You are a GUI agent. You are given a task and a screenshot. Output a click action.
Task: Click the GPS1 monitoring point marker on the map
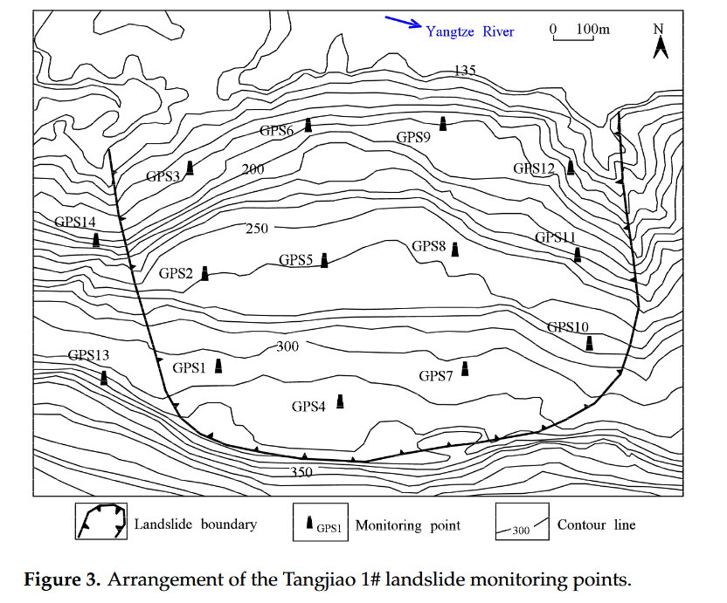click(x=218, y=366)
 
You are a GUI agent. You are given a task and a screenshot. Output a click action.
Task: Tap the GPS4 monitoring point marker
click(x=340, y=401)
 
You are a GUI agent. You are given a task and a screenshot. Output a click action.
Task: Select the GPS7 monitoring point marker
click(x=465, y=369)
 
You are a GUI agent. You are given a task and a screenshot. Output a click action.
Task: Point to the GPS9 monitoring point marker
click(x=443, y=124)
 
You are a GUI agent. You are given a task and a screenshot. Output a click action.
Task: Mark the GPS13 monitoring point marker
click(x=104, y=378)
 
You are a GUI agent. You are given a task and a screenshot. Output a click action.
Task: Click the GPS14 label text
click(x=75, y=223)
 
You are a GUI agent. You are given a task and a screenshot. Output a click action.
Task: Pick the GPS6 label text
click(x=276, y=131)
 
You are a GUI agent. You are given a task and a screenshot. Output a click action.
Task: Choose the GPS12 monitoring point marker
click(x=571, y=167)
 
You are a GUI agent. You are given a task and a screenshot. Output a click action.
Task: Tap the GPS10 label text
click(x=568, y=327)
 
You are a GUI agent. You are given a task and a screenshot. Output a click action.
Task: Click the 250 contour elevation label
click(x=257, y=229)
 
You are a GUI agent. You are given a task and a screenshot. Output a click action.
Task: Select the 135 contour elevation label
click(x=464, y=71)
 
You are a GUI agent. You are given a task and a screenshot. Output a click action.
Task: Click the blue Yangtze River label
click(x=470, y=31)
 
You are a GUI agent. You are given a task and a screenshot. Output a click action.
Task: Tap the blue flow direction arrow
click(x=403, y=23)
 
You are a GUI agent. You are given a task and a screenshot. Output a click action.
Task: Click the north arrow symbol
click(x=661, y=41)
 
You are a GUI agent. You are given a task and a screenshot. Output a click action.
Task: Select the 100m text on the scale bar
click(x=593, y=30)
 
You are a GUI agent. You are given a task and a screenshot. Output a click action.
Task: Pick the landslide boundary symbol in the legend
click(x=100, y=523)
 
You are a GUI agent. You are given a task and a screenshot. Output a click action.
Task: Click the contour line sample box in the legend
click(x=522, y=523)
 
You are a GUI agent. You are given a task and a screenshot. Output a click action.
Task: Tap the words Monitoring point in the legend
click(x=408, y=525)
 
